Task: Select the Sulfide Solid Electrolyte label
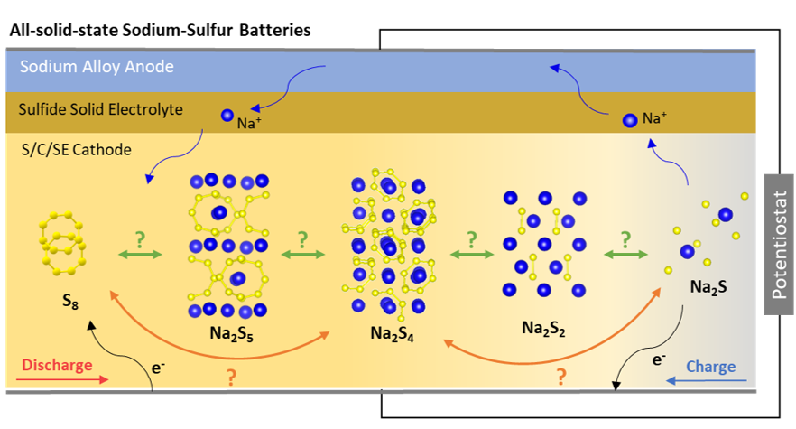(x=100, y=109)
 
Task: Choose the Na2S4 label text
(x=393, y=333)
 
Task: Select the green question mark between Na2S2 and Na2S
(x=623, y=241)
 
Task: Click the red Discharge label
(x=57, y=366)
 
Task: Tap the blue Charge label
(x=710, y=367)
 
